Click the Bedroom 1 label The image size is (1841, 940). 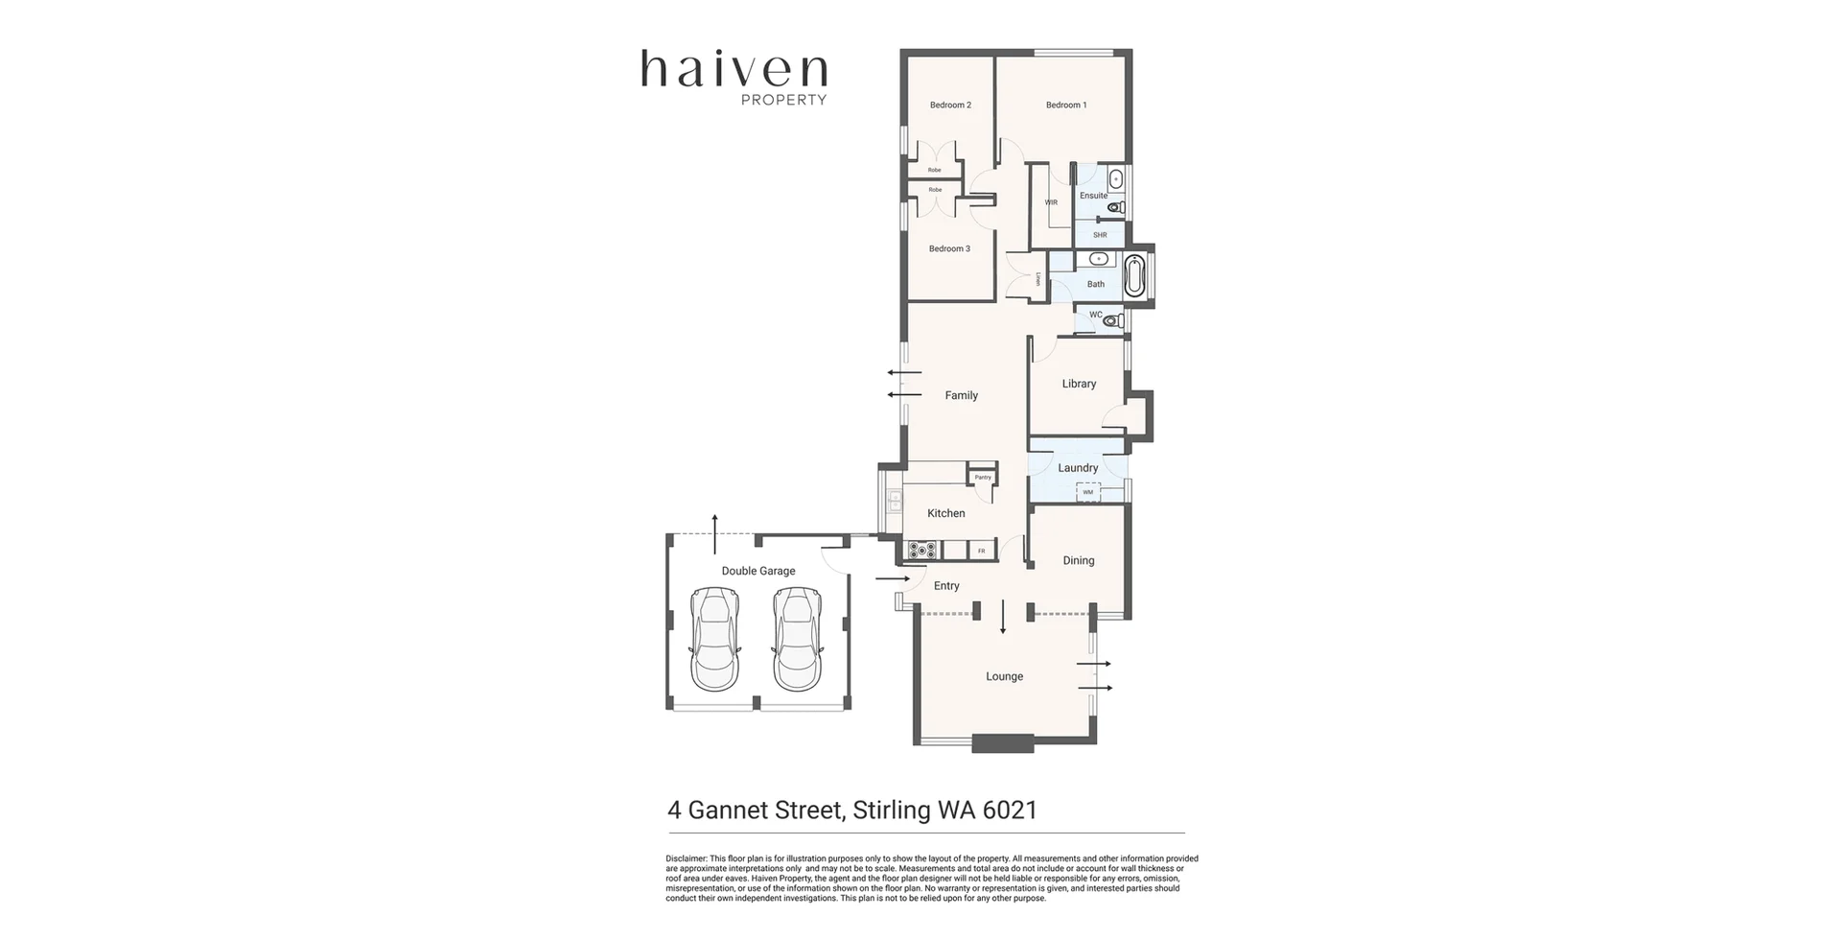[1065, 106]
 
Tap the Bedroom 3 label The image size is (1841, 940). [949, 249]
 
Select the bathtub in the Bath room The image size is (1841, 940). [1135, 276]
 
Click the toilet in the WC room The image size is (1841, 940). [1112, 321]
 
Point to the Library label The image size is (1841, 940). [1079, 384]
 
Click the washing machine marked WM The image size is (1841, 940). [1087, 492]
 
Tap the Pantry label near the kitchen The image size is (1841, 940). [983, 477]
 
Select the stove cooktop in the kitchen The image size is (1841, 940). [921, 551]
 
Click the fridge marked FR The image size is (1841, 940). [981, 552]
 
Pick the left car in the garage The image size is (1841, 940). [714, 639]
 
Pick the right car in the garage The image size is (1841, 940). [798, 639]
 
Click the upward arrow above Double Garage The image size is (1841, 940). [714, 533]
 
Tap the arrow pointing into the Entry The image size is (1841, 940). [893, 579]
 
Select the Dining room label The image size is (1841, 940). [1078, 561]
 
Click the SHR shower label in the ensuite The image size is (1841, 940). [1100, 235]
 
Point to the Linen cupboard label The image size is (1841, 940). [1038, 279]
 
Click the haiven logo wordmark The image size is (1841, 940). [734, 70]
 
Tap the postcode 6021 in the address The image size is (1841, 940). [1010, 811]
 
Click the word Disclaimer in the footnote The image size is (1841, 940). [686, 859]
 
